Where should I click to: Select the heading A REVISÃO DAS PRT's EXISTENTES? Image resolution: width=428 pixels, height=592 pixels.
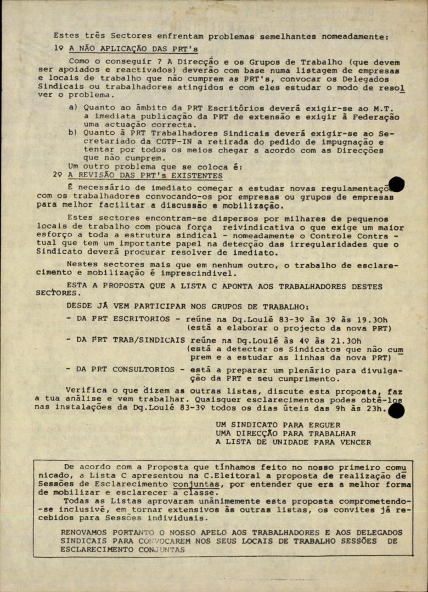tap(145, 175)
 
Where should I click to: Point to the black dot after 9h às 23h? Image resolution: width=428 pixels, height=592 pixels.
tap(396, 410)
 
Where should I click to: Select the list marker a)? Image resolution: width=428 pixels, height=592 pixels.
tap(73, 107)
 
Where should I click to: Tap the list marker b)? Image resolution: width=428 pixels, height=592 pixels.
tap(73, 132)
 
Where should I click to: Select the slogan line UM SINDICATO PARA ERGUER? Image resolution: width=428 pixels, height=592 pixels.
tap(278, 424)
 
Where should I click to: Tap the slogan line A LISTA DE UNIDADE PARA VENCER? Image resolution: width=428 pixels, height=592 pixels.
tap(293, 442)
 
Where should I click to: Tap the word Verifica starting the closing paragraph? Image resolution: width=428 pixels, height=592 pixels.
tap(86, 390)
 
